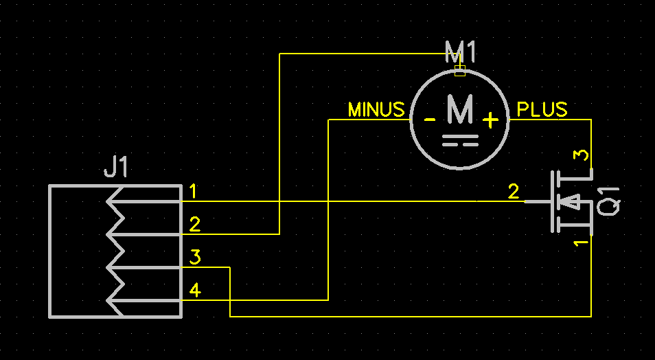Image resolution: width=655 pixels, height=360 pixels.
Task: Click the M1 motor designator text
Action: click(460, 52)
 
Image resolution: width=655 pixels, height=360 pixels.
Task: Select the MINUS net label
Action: click(376, 110)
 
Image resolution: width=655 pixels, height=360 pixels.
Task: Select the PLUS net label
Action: click(542, 110)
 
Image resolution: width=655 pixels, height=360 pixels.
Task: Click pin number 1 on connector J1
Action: click(193, 191)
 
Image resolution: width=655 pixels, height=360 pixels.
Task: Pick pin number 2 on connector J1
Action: click(195, 224)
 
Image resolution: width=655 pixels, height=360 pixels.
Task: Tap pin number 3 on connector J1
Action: click(195, 258)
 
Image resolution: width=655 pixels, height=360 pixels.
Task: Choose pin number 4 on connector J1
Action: click(195, 291)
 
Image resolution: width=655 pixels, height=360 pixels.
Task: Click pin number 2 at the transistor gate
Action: click(514, 192)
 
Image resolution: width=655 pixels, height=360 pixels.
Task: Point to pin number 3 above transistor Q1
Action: click(581, 155)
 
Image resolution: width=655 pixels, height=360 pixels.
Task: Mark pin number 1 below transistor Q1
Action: click(581, 243)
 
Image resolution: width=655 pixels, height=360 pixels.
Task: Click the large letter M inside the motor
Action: click(459, 109)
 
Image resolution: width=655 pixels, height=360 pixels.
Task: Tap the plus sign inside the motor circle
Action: click(490, 121)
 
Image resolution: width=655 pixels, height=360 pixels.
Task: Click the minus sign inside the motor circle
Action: click(430, 120)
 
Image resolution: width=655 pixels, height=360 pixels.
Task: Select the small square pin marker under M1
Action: click(460, 69)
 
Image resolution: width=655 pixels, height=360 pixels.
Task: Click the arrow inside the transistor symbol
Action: click(571, 201)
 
